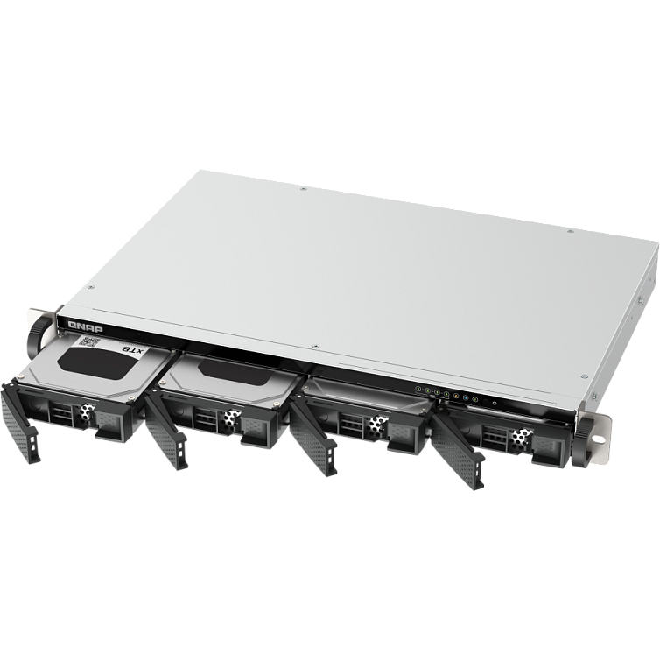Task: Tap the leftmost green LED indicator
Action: pyautogui.click(x=419, y=389)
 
